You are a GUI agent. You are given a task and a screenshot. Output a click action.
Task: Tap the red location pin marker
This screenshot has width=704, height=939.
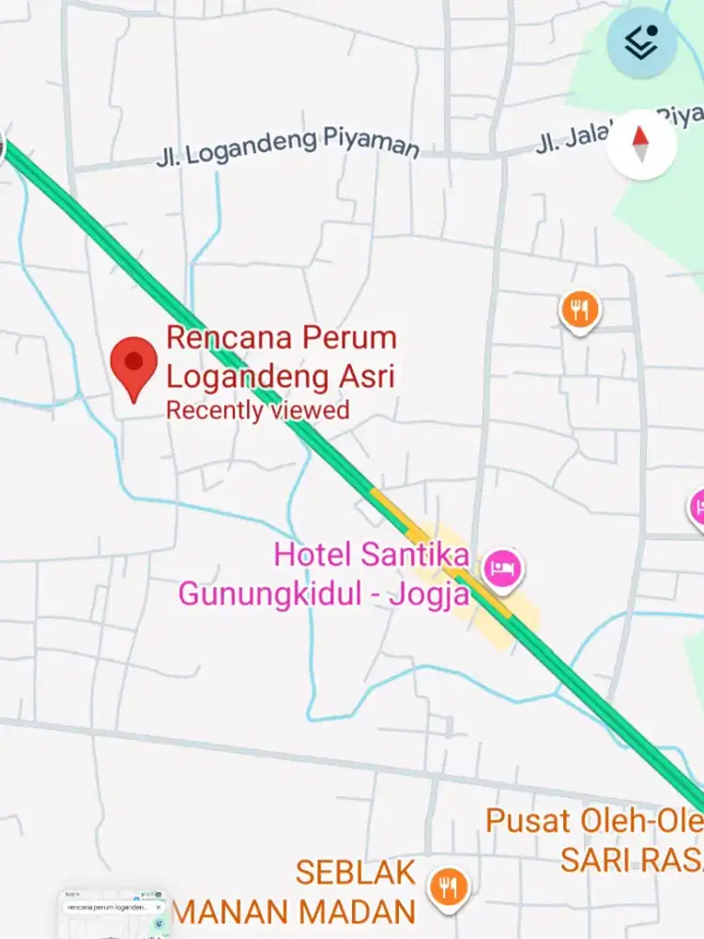point(133,366)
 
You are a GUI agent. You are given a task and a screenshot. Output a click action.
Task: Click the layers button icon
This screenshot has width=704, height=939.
point(642,43)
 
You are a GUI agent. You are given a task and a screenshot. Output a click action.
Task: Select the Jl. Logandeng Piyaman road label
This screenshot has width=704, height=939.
point(287,148)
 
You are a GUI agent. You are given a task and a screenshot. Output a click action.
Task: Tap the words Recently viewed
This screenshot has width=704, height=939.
point(257,410)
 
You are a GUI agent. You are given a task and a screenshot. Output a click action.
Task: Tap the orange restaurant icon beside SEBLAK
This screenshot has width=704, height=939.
point(448,885)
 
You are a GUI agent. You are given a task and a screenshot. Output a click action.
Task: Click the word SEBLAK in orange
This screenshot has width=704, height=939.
point(355,872)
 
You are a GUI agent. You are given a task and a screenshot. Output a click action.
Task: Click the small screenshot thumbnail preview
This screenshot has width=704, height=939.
point(114,916)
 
